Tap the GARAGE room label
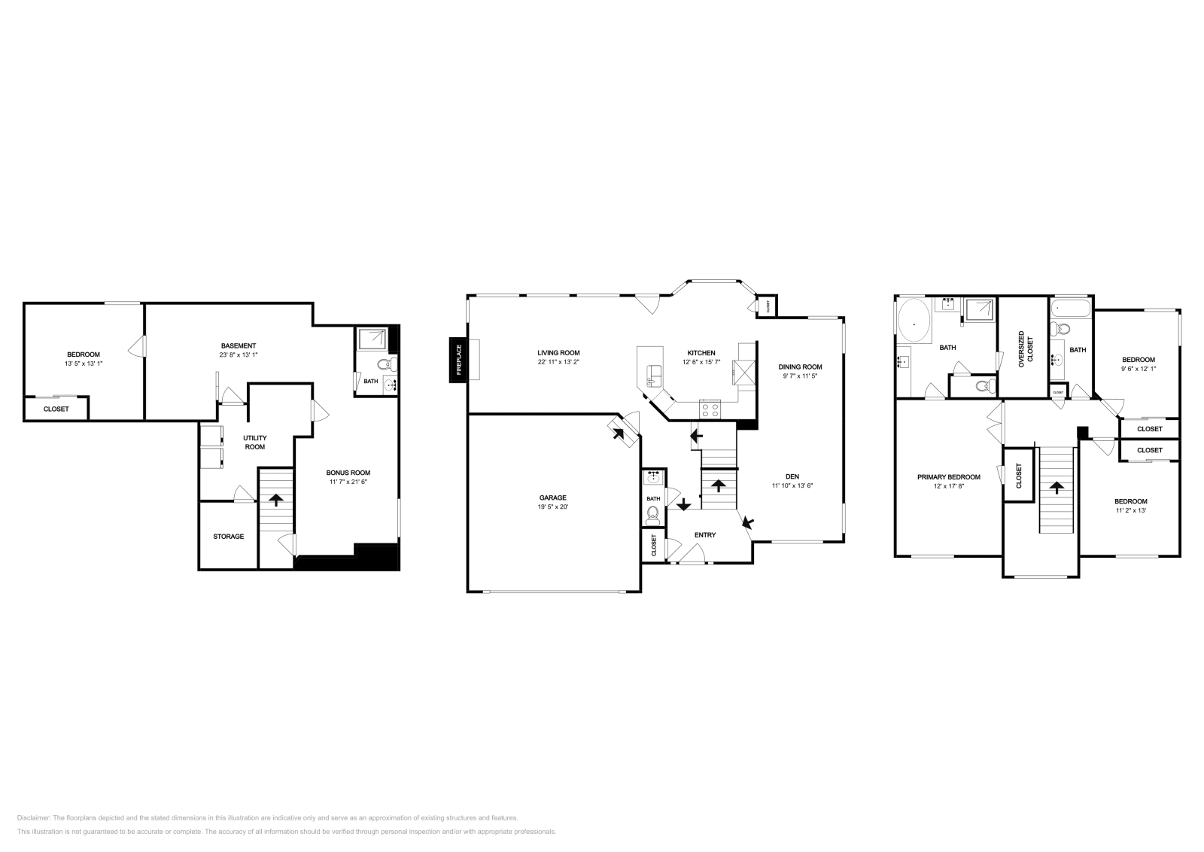pos(552,498)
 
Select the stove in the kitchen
pos(710,410)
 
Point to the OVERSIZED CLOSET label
pos(1026,348)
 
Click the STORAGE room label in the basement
pos(228,537)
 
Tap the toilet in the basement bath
pos(386,365)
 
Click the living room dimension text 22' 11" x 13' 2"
pos(558,362)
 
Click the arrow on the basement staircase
pos(276,499)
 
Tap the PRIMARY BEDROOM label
pos(948,477)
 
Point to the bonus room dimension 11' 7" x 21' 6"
pos(347,482)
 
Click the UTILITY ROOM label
pos(254,442)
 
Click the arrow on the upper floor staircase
pos(1058,488)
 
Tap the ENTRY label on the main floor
pos(705,535)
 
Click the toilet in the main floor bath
pos(653,516)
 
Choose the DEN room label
pos(792,476)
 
